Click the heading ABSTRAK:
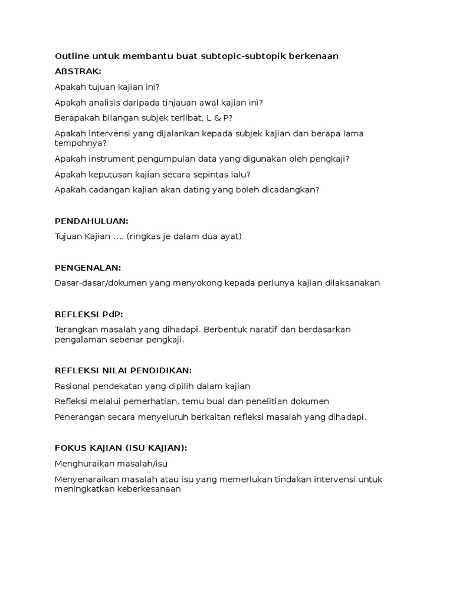78,71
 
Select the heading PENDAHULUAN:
91,221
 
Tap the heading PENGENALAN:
88,267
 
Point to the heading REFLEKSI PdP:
89,314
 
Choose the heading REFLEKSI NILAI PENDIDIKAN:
123,370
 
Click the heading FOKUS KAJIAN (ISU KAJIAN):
121,448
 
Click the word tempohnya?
81,143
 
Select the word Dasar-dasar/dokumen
99,283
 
